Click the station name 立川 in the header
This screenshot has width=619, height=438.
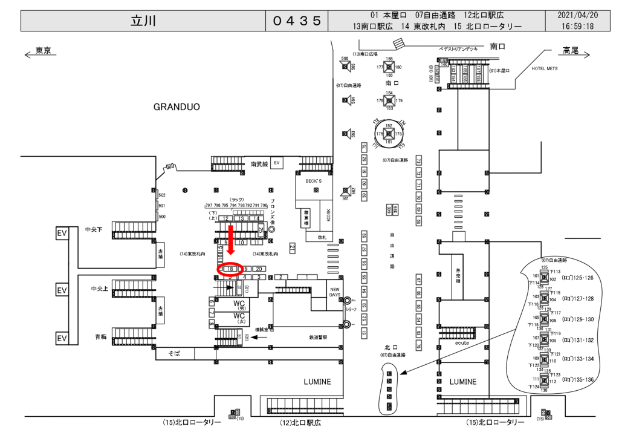click(143, 21)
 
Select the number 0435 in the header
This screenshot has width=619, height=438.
click(296, 21)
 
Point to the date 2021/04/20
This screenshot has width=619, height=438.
click(577, 15)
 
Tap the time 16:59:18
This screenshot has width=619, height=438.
click(577, 26)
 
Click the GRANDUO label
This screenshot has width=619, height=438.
click(177, 107)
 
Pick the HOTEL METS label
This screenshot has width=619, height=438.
click(544, 68)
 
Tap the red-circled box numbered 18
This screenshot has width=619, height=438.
click(230, 269)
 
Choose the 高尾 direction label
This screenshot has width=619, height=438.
click(570, 50)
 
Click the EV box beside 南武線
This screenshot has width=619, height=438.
click(277, 163)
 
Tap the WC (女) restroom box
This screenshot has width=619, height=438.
click(240, 318)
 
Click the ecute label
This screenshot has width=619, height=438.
click(463, 342)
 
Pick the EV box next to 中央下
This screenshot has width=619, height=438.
click(62, 233)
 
